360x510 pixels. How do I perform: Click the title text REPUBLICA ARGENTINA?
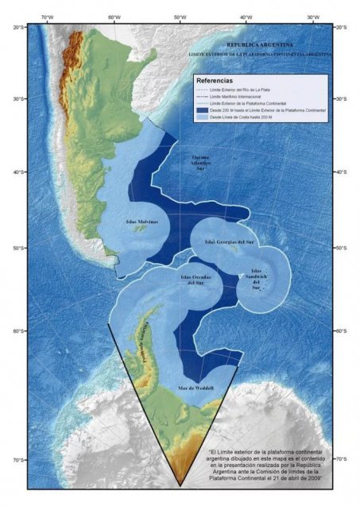[259, 45]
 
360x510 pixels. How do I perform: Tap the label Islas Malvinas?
[141, 222]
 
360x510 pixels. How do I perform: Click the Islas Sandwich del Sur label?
[256, 281]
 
